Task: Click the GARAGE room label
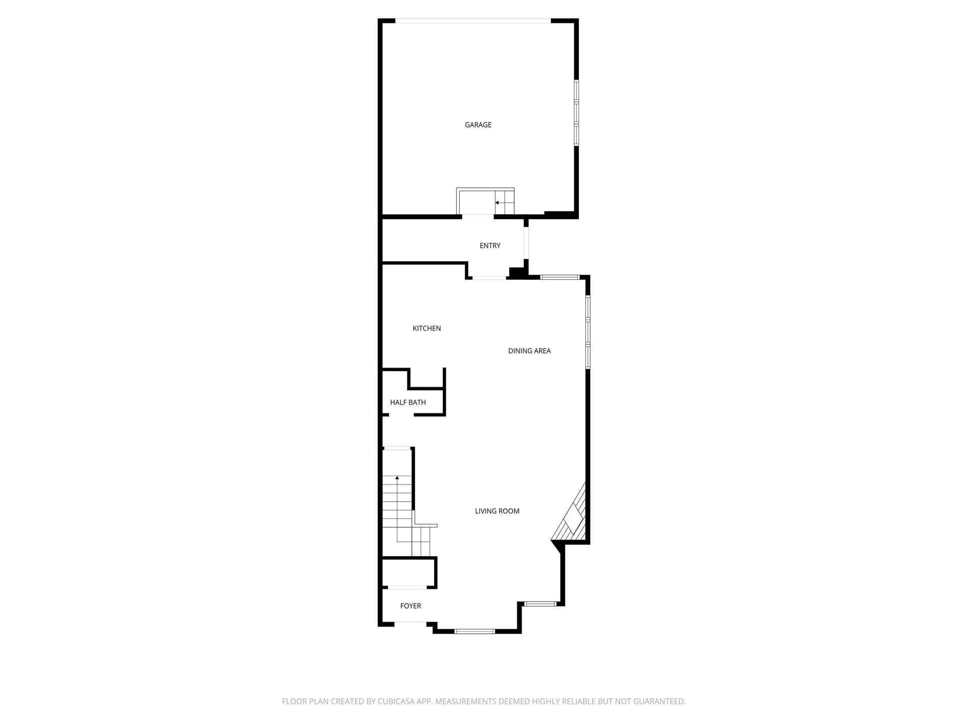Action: pyautogui.click(x=478, y=125)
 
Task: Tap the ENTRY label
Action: pyautogui.click(x=490, y=246)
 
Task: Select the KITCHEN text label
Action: pyautogui.click(x=427, y=328)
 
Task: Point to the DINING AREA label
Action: pyautogui.click(x=529, y=351)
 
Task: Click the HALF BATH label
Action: pyautogui.click(x=408, y=402)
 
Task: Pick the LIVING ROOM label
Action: pyautogui.click(x=497, y=511)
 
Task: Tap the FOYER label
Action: pyautogui.click(x=410, y=606)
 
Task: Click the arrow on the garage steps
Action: pyautogui.click(x=497, y=203)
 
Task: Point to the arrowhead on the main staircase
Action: pyautogui.click(x=397, y=477)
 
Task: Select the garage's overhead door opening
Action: pyautogui.click(x=472, y=21)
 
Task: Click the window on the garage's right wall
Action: pyautogui.click(x=576, y=113)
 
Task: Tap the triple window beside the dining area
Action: pyautogui.click(x=588, y=332)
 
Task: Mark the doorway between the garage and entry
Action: pyautogui.click(x=477, y=216)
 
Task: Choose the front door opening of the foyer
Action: pyautogui.click(x=410, y=624)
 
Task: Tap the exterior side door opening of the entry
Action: pyautogui.click(x=526, y=243)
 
